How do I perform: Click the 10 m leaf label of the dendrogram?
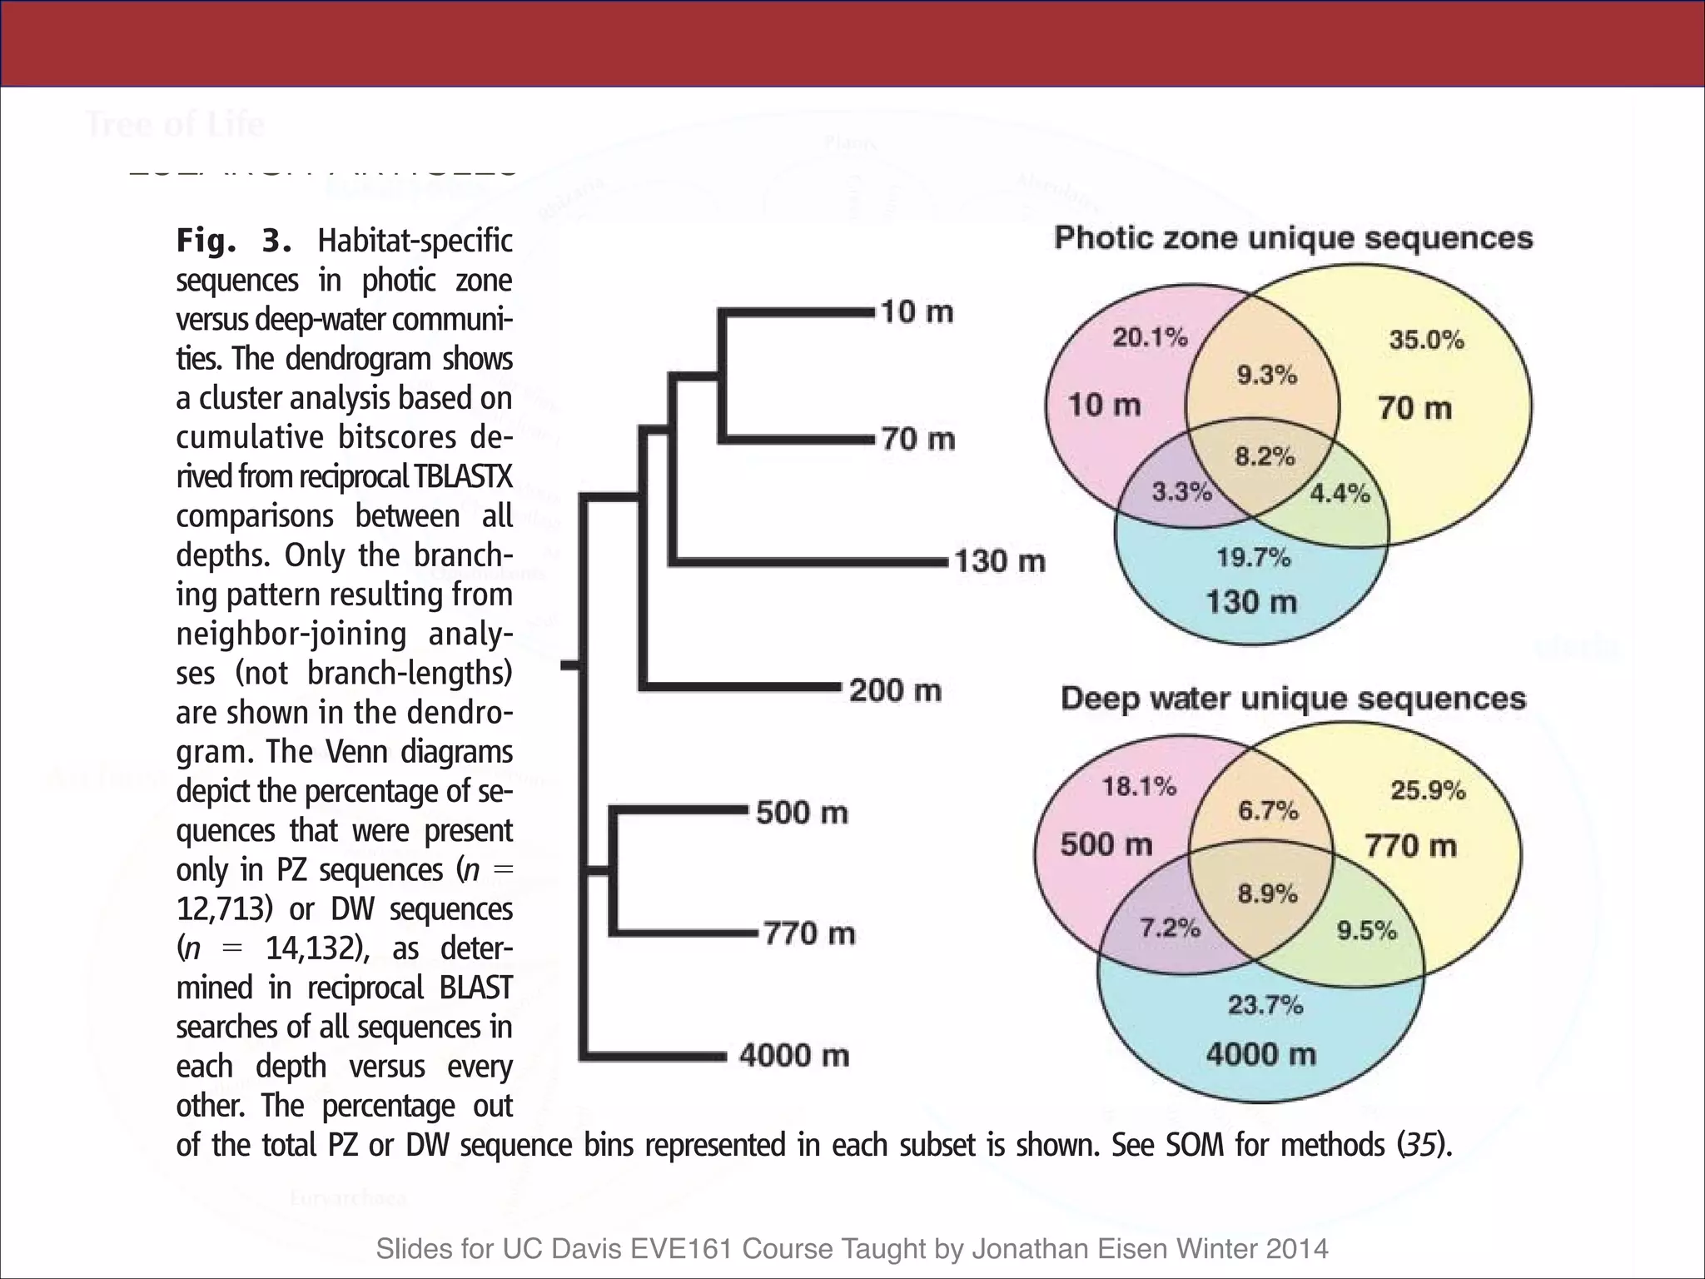(917, 312)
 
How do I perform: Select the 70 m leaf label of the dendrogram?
(917, 439)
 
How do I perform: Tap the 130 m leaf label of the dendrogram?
(999, 560)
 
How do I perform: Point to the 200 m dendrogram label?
(895, 690)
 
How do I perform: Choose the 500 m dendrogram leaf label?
(802, 813)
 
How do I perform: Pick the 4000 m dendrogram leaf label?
(794, 1056)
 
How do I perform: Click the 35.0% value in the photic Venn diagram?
(1426, 340)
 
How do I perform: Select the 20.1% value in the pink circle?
(1150, 337)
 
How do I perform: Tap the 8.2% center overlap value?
(1265, 456)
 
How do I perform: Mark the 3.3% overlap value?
(1181, 492)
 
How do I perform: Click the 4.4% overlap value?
(1340, 494)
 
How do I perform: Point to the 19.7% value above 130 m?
(1253, 557)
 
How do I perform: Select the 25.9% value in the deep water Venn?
(1428, 790)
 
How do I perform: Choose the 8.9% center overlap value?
(1267, 894)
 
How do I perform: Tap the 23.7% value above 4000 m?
(1265, 1005)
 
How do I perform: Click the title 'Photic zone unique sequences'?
(1293, 238)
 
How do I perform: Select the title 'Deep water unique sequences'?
(1293, 699)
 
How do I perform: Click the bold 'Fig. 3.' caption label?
(233, 241)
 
